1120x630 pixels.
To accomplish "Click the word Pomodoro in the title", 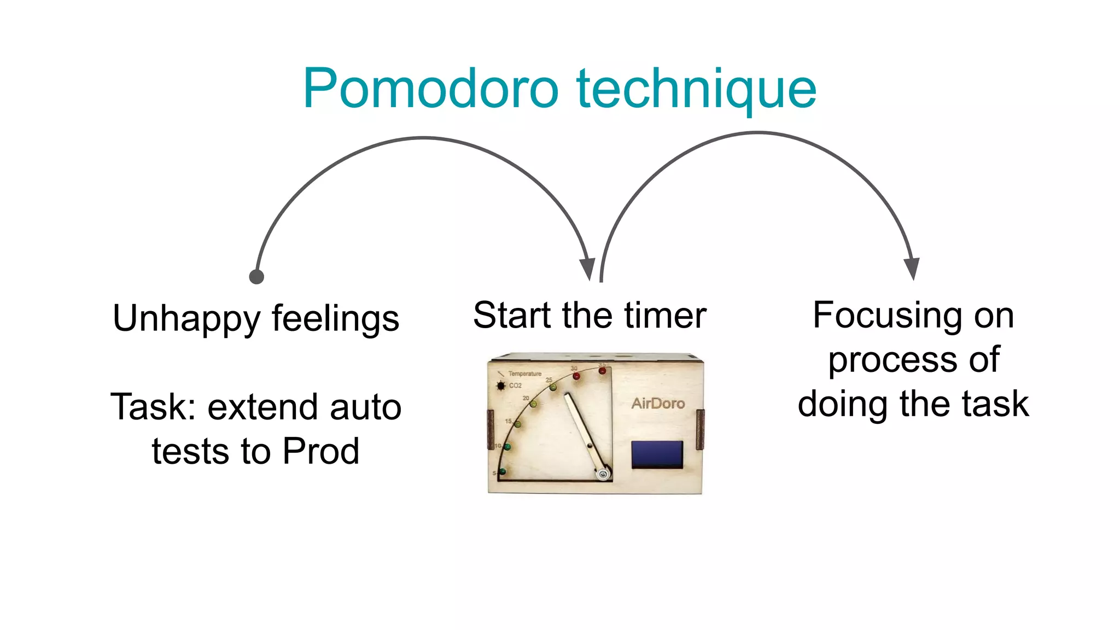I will tap(430, 89).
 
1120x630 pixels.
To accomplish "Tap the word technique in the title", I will tap(696, 89).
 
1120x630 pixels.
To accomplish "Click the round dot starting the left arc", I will tap(256, 277).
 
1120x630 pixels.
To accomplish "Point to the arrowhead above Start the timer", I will tap(587, 268).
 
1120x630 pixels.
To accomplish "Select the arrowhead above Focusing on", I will tap(912, 267).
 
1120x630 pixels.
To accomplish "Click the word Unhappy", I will tap(186, 319).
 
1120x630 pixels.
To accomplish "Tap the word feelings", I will tap(335, 319).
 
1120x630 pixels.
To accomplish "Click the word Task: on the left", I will tap(154, 407).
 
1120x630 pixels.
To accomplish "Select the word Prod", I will tap(321, 452).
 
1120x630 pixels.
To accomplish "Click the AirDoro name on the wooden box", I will tap(658, 404).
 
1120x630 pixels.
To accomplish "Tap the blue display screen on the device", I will tap(657, 454).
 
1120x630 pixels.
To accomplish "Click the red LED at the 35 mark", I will tap(602, 371).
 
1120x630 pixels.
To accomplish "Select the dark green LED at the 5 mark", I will tap(503, 471).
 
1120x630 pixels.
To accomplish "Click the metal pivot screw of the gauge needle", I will tap(603, 474).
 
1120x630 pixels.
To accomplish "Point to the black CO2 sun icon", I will tap(500, 386).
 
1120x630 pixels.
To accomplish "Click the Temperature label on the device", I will tap(524, 374).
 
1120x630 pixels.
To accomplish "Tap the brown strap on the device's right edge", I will tap(700, 429).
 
